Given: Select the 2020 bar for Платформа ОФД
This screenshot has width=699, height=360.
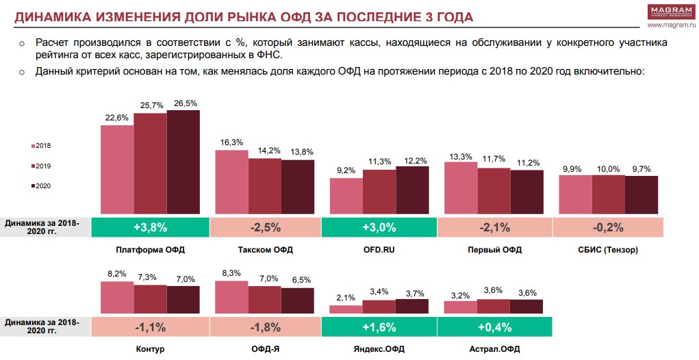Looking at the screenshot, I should click(x=183, y=163).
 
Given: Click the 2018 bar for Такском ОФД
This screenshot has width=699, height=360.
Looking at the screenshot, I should click(x=231, y=182).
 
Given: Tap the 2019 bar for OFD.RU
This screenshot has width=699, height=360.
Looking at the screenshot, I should click(x=379, y=192).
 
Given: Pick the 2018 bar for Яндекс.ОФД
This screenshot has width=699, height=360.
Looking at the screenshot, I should click(x=346, y=309).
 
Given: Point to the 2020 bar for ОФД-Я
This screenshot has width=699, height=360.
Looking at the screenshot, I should click(x=297, y=300).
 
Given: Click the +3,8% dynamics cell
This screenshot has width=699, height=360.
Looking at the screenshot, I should click(x=149, y=227).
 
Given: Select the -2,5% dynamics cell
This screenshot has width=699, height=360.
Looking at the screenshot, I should click(x=264, y=227).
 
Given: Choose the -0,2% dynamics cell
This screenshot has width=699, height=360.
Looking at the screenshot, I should click(x=608, y=227).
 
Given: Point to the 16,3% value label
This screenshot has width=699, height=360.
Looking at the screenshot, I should click(x=232, y=142).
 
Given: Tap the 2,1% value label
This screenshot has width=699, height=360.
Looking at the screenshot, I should click(x=346, y=298).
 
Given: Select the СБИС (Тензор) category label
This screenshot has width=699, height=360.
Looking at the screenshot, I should click(x=608, y=250).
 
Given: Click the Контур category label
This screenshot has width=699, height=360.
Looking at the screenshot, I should click(x=150, y=349).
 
